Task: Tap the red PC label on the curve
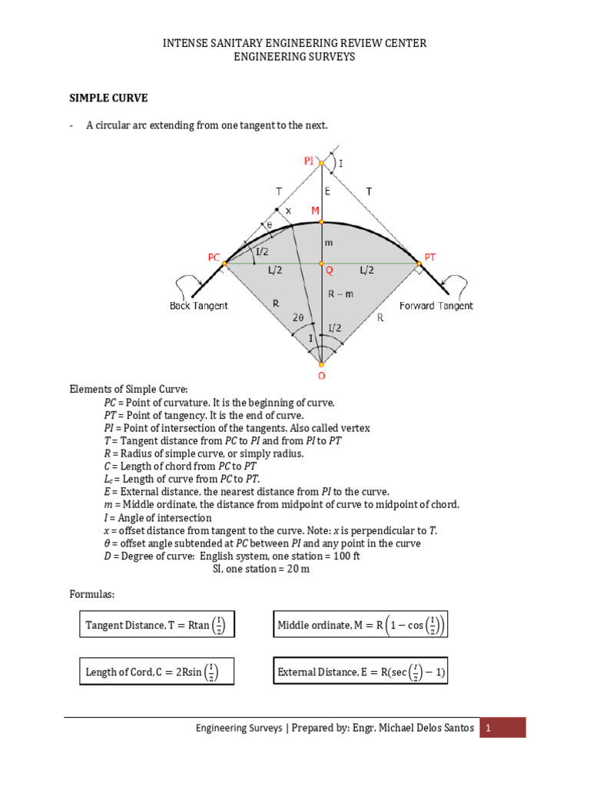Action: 213,258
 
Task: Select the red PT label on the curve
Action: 430,258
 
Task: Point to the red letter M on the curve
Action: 314,211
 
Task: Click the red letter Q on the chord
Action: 328,271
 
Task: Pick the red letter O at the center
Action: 321,376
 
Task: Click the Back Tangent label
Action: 198,306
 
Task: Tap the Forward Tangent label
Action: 436,306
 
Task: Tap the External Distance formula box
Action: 361,673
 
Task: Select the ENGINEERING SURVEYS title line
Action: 294,58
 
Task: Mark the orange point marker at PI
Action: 321,163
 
